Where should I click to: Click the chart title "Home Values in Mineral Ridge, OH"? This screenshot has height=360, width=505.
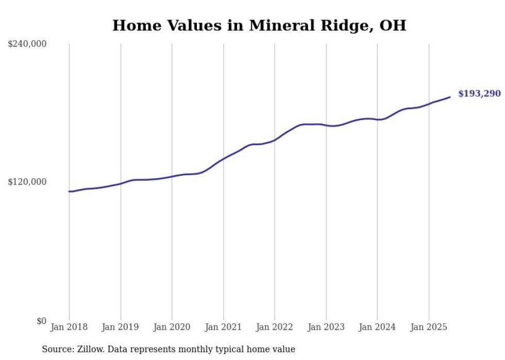(x=259, y=25)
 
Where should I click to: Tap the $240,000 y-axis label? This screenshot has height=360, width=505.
(x=27, y=44)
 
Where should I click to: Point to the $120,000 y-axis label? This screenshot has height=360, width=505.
(x=27, y=182)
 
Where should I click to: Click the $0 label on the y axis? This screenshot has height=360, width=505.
(x=41, y=321)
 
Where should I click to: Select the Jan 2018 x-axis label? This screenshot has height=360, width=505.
(x=69, y=327)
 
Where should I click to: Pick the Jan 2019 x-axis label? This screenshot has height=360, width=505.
(x=121, y=327)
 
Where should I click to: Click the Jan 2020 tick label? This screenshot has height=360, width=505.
(x=172, y=327)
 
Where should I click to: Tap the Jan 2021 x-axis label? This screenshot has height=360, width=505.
(x=223, y=327)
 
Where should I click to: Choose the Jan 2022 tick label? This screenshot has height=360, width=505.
(x=275, y=327)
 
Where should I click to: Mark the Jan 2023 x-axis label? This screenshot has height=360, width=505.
(x=326, y=327)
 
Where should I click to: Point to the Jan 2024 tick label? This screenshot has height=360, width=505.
(x=377, y=327)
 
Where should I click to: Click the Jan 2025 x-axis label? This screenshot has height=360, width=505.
(x=429, y=327)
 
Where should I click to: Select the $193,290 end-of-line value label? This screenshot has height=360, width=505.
(x=479, y=94)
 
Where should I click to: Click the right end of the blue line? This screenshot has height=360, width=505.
(x=450, y=97)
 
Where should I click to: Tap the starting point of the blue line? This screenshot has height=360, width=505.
(x=70, y=192)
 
